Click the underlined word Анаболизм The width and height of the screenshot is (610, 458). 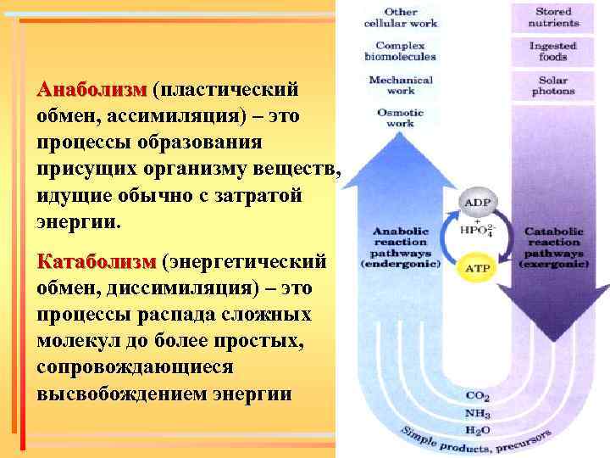pos(91,89)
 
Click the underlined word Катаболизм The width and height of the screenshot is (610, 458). pos(97,260)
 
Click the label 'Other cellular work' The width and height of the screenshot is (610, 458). pos(401,18)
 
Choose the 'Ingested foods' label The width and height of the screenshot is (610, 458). pos(553,51)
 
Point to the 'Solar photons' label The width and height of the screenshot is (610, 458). pos(553,85)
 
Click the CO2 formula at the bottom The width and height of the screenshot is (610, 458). pos(477,396)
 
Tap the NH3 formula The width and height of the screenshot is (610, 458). pos(477,413)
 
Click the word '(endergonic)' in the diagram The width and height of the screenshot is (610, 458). pos(401,264)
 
